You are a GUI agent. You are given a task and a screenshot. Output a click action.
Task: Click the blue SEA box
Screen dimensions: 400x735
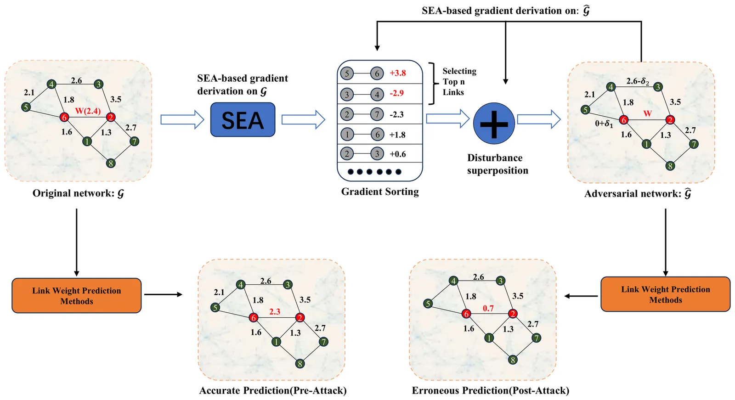point(243,120)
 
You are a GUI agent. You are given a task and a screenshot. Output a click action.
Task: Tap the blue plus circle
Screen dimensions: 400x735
point(494,124)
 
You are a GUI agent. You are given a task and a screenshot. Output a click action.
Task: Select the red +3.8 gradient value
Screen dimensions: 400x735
point(398,73)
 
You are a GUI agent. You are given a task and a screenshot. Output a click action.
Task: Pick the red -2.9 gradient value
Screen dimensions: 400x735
point(396,93)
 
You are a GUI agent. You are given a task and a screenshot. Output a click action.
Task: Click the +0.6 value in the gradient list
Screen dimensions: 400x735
point(398,154)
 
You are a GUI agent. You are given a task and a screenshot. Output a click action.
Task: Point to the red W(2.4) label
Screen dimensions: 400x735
point(88,111)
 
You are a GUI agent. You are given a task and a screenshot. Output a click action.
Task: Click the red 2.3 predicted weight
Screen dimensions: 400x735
point(275,312)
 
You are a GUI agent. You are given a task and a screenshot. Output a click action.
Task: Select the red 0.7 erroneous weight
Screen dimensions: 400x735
point(488,309)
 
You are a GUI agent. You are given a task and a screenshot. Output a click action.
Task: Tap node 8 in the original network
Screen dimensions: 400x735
point(110,163)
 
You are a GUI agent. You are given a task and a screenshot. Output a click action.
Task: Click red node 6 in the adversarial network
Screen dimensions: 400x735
point(623,120)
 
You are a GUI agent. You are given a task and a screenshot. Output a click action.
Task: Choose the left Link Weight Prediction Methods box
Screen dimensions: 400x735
point(77,296)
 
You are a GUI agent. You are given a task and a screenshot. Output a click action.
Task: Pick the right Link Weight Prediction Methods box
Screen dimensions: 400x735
point(665,294)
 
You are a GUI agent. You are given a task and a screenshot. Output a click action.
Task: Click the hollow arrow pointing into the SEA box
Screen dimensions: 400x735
point(182,120)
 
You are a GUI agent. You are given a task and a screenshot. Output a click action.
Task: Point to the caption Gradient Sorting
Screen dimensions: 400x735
point(380,192)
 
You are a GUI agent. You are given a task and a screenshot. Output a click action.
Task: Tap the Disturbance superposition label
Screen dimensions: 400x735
point(498,164)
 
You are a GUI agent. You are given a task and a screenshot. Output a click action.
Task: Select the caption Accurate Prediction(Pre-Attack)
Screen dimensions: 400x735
point(273,390)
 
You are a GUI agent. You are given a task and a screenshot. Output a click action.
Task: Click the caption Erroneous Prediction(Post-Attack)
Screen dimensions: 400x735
point(491,390)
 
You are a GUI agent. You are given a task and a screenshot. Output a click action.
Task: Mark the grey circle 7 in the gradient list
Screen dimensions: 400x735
point(377,114)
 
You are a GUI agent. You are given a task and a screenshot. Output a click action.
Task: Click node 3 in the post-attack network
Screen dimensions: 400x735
point(501,281)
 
